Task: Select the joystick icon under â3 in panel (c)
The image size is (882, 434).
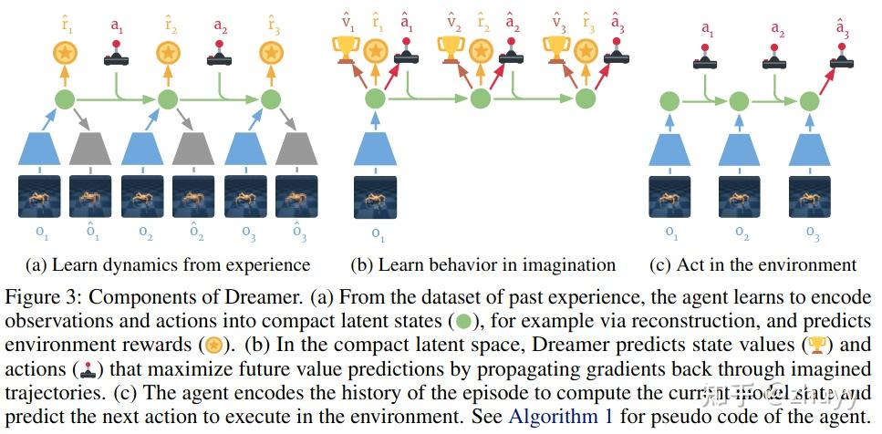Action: [x=843, y=63]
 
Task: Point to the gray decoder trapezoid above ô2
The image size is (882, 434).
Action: [x=193, y=149]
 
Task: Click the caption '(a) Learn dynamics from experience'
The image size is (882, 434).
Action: [x=168, y=265]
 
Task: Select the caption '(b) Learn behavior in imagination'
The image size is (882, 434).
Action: [x=483, y=265]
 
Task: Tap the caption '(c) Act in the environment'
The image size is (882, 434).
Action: [x=752, y=265]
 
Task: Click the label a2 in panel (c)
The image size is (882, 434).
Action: [x=777, y=30]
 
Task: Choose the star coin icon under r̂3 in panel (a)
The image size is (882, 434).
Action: [x=270, y=53]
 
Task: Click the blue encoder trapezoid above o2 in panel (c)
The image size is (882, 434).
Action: [x=740, y=149]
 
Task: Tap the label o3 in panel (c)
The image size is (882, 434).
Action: [x=812, y=233]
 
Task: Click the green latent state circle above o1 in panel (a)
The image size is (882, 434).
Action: [x=65, y=99]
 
